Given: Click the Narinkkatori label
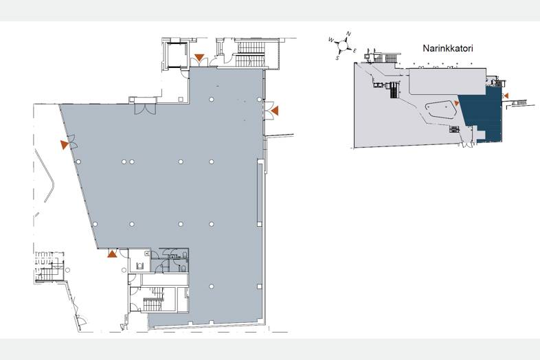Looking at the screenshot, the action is coord(448,48).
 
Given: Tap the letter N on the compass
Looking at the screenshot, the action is coord(348,34).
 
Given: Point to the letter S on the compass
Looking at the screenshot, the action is coord(338,58).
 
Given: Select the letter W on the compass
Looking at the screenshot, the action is coord(331,40).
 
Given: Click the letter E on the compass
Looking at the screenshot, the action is coord(355,51).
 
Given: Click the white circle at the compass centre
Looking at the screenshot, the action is coord(343,45).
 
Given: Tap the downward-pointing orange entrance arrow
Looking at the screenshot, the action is coord(199,57).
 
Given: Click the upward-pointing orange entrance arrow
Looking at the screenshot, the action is coord(111,254).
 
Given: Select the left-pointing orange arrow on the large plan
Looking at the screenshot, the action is coord(275,111).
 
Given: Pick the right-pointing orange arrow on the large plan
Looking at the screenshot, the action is coord(64,145).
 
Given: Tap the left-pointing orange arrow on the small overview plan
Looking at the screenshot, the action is coord(506,95).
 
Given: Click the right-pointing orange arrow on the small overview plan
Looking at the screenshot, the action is coord(457,103).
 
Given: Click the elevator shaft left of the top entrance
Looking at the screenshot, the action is coord(177,54).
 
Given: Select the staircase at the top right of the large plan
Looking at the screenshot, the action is coord(250,54).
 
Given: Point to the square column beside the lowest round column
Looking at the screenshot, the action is coord(259,286).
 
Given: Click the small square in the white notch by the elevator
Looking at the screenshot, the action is coord(181,99).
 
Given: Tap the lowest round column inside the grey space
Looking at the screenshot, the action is coord(212,286).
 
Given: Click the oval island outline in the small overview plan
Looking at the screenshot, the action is coord(440,111).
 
